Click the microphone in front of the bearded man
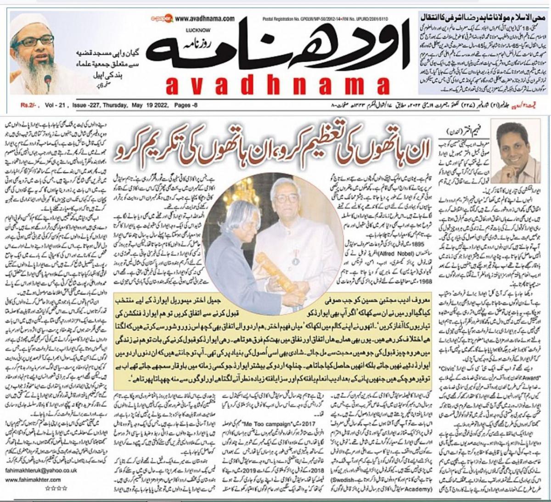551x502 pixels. (48, 81)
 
